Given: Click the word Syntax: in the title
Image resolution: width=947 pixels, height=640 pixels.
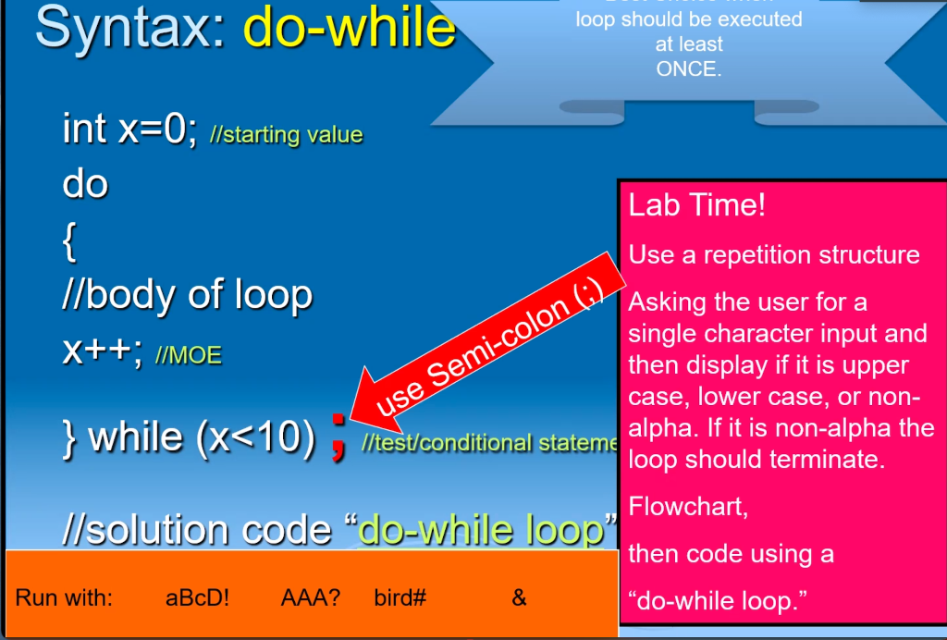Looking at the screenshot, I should point(130,28).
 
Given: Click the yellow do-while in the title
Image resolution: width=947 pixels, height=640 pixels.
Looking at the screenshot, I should point(350,28).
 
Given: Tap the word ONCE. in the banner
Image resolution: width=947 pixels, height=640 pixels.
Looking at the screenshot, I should point(688,68).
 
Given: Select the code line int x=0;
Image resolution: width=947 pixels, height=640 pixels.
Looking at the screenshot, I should point(129,129).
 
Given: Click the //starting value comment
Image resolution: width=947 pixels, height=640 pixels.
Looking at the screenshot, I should point(286,135).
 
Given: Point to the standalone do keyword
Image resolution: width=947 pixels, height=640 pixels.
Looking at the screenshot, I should point(85,183).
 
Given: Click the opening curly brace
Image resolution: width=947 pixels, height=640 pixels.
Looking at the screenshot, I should point(70,242).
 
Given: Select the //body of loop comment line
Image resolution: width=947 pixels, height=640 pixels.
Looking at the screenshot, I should point(187,295).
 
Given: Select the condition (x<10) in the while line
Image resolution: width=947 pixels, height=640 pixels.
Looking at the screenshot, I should point(255,436).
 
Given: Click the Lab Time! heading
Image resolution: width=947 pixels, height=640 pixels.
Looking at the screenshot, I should point(696,205).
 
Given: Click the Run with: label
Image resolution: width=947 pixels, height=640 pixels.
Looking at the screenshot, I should point(64,597).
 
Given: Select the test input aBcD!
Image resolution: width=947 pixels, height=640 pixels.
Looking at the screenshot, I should point(197,597).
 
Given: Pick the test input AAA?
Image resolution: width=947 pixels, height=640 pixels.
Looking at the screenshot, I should point(310,597).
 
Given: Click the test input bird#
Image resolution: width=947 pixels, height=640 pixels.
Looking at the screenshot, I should point(400,597).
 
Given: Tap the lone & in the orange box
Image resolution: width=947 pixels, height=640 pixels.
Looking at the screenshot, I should point(519,597).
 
